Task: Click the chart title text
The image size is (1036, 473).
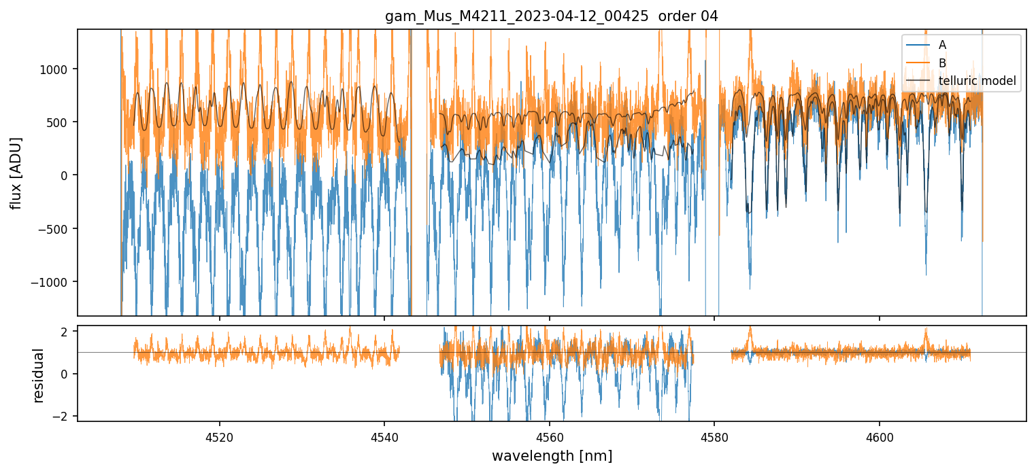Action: pyautogui.click(x=552, y=16)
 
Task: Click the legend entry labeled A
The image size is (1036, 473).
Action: pyautogui.click(x=942, y=45)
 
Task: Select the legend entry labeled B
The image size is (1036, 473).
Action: pyautogui.click(x=942, y=63)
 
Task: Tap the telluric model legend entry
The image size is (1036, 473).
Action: pyautogui.click(x=977, y=81)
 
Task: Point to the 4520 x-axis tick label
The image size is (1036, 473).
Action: pyautogui.click(x=220, y=435)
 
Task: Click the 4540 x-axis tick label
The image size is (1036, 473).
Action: pyautogui.click(x=384, y=435)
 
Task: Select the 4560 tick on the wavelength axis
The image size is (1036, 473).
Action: pyautogui.click(x=550, y=435)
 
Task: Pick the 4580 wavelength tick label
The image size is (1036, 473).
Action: pyautogui.click(x=714, y=435)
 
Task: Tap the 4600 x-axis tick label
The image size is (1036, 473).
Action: pyautogui.click(x=880, y=435)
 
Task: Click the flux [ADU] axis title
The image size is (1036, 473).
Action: pyautogui.click(x=16, y=173)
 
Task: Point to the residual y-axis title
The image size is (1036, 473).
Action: pyautogui.click(x=39, y=375)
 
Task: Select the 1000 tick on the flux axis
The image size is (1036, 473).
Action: pyautogui.click(x=57, y=69)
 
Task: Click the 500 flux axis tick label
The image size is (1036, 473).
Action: pyautogui.click(x=60, y=122)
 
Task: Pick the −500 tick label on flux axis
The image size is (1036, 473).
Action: pyautogui.click(x=56, y=229)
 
